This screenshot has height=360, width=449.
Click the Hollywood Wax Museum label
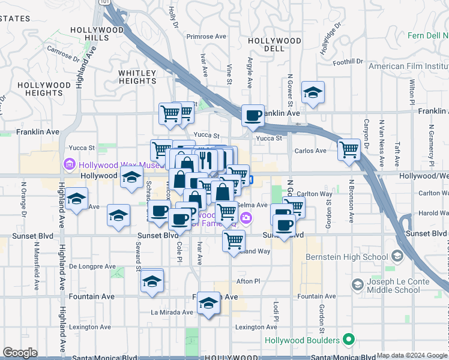point(114,164)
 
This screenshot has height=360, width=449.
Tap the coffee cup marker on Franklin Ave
point(253,115)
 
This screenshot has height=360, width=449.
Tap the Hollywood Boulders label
point(306,340)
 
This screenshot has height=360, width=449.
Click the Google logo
point(20,353)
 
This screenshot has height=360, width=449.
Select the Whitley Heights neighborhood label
point(137,77)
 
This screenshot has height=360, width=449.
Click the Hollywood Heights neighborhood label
point(44,89)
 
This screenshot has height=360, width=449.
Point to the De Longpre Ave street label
point(92,266)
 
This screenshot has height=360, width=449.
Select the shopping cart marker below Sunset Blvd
point(233,241)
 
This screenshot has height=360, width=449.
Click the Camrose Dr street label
point(63,54)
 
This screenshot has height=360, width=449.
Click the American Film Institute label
point(408,66)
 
